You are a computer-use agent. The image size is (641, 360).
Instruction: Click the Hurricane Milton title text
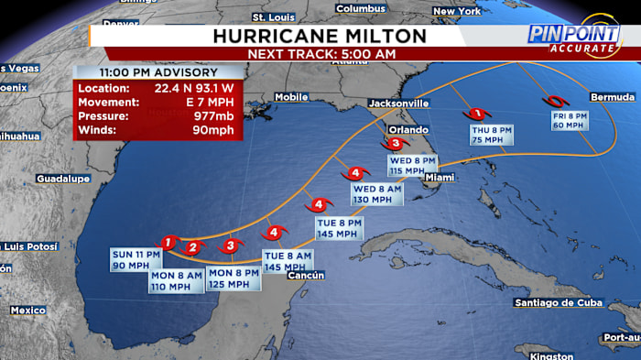coord(320,36)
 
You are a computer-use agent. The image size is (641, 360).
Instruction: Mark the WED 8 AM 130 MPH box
coord(377,194)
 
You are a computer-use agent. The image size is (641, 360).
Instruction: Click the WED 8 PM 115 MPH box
coord(412,165)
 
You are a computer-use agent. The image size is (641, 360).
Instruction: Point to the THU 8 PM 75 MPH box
coord(492,136)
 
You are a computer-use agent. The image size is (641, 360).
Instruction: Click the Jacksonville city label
coord(398,103)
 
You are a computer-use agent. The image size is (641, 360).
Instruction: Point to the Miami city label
coord(440,177)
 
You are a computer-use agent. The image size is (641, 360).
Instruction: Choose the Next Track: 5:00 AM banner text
coord(320,54)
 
